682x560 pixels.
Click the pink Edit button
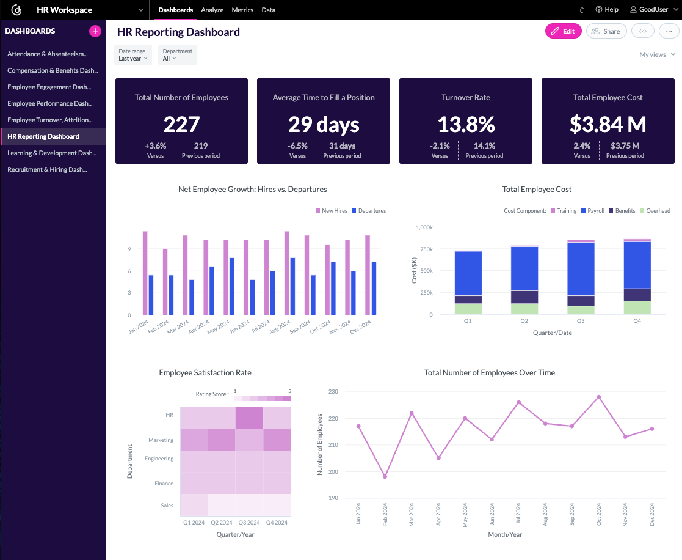tap(563, 31)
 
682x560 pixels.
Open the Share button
tap(605, 31)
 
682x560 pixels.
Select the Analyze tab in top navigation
tap(212, 10)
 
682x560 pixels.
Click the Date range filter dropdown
tap(132, 55)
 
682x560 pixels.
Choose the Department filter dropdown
tap(177, 55)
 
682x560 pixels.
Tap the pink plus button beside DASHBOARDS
tap(95, 31)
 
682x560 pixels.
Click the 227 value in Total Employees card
tap(181, 124)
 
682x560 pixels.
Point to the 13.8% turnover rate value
tap(465, 124)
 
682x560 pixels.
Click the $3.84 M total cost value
tap(608, 124)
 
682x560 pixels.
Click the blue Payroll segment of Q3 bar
tap(581, 269)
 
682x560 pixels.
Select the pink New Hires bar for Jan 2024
tap(145, 273)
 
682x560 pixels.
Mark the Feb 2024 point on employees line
tap(385, 477)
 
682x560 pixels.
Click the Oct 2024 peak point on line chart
tap(598, 397)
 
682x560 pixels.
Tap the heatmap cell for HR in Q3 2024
tap(249, 419)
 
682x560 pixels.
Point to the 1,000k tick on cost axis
tap(423, 227)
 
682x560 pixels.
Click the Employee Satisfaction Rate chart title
tap(205, 372)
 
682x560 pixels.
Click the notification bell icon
tap(582, 10)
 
